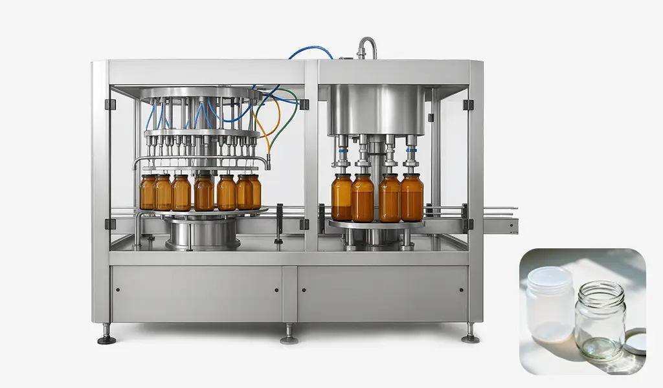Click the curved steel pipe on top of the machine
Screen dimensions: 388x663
[368, 46]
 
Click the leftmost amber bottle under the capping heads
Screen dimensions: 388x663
[341, 197]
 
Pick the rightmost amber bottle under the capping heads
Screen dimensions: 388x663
[412, 197]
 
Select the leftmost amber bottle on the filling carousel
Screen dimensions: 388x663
[148, 192]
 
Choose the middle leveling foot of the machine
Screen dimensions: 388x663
[289, 338]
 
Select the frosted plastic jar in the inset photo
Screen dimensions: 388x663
[550, 303]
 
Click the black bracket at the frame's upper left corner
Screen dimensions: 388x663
[110, 104]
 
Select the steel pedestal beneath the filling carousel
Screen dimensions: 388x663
[203, 233]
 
